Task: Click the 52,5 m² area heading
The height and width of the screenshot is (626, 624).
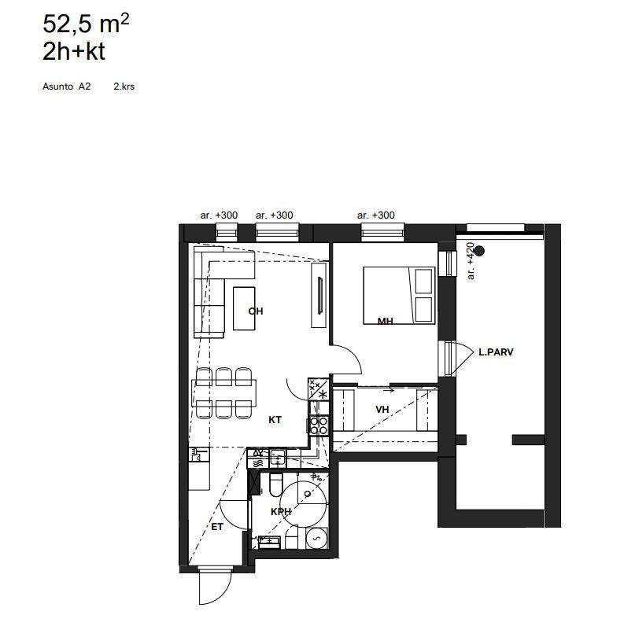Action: (86, 24)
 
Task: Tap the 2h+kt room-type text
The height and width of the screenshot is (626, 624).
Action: (74, 51)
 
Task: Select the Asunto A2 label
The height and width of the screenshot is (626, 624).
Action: (67, 87)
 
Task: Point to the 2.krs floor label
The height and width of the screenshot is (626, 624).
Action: (124, 87)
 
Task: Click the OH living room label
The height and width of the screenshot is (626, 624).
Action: (256, 311)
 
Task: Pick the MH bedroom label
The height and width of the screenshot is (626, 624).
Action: (385, 321)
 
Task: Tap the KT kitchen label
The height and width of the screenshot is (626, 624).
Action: (275, 420)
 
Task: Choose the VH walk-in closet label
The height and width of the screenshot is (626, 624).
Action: (382, 409)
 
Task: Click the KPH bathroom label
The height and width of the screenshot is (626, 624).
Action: (281, 511)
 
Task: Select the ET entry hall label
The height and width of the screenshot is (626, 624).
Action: (217, 527)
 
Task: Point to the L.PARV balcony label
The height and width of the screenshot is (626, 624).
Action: (496, 352)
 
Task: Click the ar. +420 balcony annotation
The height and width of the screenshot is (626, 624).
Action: (471, 260)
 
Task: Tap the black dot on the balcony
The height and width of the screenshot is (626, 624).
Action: (480, 251)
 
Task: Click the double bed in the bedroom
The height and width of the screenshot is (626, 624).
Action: (399, 296)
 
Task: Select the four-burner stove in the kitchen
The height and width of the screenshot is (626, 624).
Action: (319, 425)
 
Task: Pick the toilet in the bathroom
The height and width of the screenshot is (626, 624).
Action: (276, 483)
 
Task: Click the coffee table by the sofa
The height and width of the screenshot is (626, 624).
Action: (244, 308)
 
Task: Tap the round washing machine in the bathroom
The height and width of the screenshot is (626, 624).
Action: (317, 538)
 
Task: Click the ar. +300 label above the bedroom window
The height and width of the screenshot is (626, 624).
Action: (376, 215)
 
